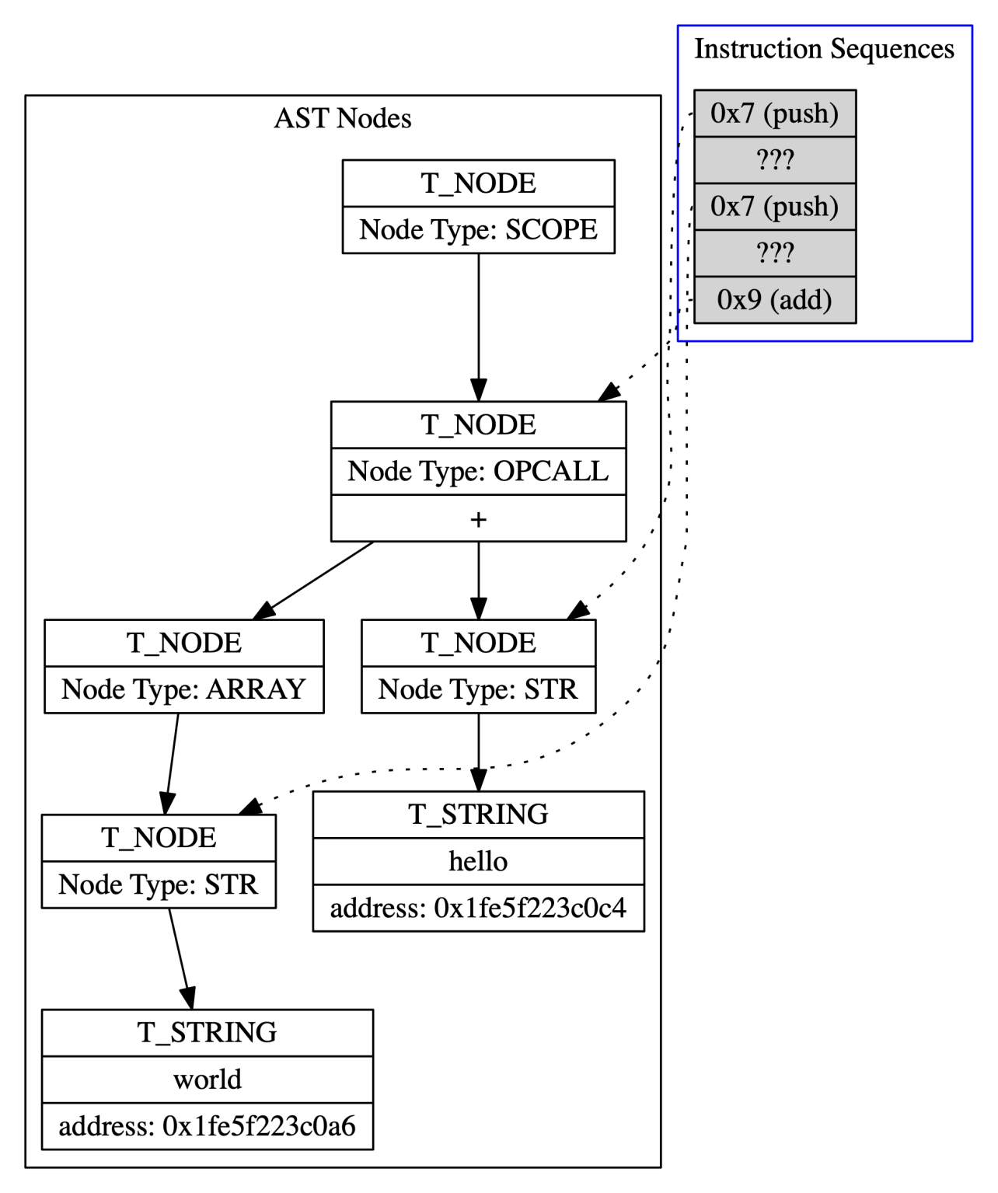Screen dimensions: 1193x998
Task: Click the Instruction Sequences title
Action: [824, 49]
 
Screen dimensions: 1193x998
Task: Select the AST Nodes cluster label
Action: [342, 118]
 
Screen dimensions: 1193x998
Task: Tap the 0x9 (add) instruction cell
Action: [774, 300]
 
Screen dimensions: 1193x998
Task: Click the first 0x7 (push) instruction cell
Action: [774, 113]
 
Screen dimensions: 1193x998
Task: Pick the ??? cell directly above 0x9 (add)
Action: [774, 253]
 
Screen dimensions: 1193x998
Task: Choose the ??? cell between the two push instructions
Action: [774, 160]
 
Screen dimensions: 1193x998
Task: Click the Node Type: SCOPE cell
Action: [478, 230]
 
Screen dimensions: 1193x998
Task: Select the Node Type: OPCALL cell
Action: [478, 471]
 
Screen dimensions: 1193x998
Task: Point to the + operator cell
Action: [478, 518]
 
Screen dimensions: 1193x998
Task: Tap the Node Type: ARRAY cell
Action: [183, 689]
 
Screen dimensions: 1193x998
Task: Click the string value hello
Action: [478, 861]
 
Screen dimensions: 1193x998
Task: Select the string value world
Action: [207, 1080]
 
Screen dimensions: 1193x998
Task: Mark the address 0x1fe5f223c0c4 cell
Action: [478, 908]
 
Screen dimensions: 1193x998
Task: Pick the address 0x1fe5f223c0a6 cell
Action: [207, 1126]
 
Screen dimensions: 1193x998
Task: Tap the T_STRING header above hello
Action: [478, 815]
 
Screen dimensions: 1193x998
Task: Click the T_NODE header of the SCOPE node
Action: [478, 183]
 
